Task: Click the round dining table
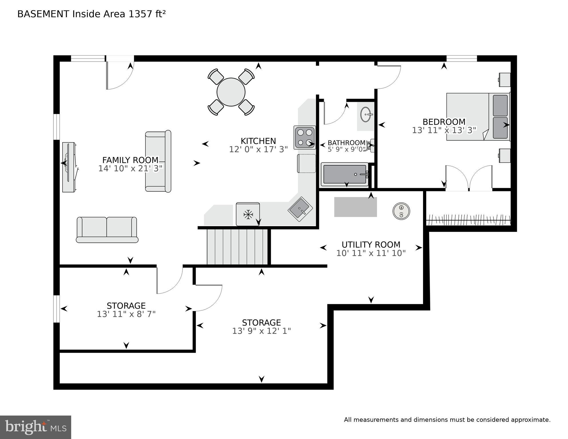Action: (x=231, y=92)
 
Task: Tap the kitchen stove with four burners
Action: (x=305, y=138)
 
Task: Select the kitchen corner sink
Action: (x=300, y=209)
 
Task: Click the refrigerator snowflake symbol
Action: (x=248, y=214)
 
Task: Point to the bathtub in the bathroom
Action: (x=344, y=174)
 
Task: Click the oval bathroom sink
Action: (x=366, y=114)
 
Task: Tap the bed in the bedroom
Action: (x=478, y=116)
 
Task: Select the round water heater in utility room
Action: (x=401, y=211)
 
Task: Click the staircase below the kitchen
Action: (x=237, y=247)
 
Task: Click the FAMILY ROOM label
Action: (x=130, y=160)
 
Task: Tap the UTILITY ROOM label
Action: (x=371, y=245)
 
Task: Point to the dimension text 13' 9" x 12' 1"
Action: (x=262, y=331)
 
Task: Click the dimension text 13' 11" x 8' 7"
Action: (x=126, y=314)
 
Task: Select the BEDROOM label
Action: (x=444, y=122)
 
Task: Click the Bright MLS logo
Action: (x=35, y=427)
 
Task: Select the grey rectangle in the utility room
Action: (x=356, y=207)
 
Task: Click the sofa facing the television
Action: (x=158, y=161)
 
